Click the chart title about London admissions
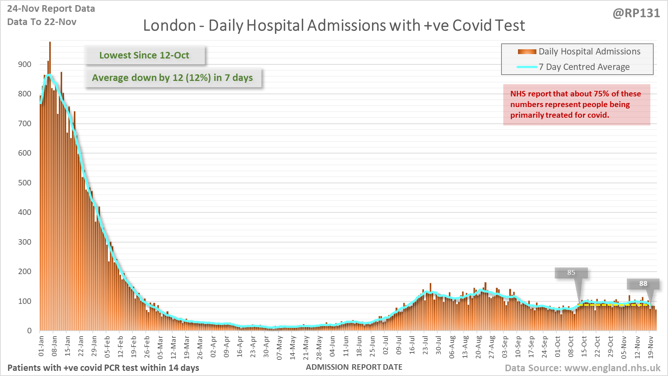334,25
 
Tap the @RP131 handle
636,13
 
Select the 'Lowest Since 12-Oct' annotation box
144,55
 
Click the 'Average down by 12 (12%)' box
172,78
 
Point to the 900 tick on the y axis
25,64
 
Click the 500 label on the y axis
25,183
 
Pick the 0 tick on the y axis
29,331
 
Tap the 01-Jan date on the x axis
41,346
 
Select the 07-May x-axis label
279,347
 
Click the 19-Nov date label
650,347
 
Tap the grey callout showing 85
571,273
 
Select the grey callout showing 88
643,284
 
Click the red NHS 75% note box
576,104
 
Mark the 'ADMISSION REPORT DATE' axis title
354,367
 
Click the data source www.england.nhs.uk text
582,368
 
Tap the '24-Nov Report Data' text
51,9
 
